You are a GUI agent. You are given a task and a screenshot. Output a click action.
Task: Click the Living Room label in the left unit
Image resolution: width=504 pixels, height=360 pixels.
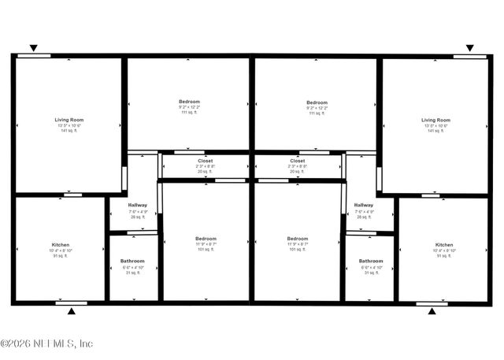69,120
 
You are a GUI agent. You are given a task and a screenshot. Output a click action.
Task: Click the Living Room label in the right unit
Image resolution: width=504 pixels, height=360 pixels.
435,120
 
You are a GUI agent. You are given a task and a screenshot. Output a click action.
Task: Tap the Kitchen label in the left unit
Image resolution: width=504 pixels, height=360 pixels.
61,244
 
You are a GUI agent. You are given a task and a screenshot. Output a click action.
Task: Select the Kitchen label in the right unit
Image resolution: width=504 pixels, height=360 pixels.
444,244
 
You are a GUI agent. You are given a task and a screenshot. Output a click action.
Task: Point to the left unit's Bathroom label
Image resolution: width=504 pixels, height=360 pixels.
132,261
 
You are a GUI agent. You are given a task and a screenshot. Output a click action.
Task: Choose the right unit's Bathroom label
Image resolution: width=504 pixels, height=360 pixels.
371,261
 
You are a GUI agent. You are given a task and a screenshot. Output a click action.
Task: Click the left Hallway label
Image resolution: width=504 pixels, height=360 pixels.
138,205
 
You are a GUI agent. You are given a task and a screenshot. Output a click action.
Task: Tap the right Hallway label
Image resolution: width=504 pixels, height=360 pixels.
364,205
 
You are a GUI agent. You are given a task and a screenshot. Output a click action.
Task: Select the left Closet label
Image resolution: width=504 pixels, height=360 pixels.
205,161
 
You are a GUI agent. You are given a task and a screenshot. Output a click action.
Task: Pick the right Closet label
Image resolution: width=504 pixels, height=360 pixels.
298,161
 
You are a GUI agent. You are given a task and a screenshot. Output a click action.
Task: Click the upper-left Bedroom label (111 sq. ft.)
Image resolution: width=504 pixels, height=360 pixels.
189,102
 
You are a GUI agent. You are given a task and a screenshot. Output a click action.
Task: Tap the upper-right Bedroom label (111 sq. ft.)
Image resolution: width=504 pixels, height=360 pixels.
317,102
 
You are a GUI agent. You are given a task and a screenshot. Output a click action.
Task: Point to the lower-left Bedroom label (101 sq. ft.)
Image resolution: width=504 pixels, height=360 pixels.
206,239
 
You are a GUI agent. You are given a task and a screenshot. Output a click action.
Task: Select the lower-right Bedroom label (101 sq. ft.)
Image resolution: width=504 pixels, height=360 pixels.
298,239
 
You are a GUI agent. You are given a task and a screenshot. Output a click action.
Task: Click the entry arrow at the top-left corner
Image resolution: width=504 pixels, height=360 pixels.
33,48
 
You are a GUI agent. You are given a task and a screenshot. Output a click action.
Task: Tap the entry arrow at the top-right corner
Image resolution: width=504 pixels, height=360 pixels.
470,48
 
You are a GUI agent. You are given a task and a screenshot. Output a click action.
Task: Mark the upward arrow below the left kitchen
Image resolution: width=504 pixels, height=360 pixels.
72,311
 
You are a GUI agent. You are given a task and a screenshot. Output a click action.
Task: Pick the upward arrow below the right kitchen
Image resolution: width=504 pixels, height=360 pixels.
432,311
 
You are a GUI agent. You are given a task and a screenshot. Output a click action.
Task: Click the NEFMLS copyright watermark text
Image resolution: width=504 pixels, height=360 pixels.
46,343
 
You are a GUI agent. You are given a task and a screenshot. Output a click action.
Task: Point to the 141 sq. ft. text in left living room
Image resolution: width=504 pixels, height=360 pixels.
69,131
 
